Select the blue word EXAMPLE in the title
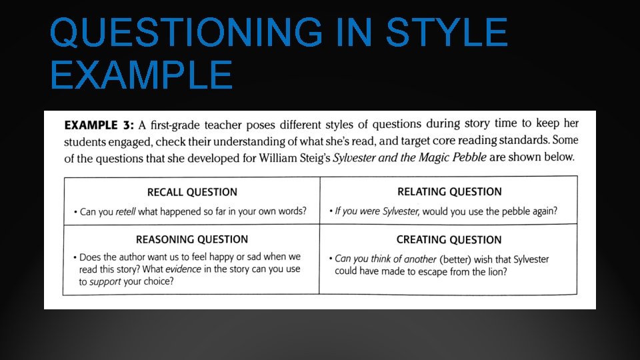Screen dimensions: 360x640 tap(141, 75)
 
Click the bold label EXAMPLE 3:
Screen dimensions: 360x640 tap(99, 125)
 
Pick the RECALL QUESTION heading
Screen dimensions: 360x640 tap(192, 192)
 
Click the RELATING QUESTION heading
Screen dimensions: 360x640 tap(449, 191)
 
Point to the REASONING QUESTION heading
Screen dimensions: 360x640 tap(192, 239)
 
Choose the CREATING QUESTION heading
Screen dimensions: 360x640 tap(449, 239)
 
